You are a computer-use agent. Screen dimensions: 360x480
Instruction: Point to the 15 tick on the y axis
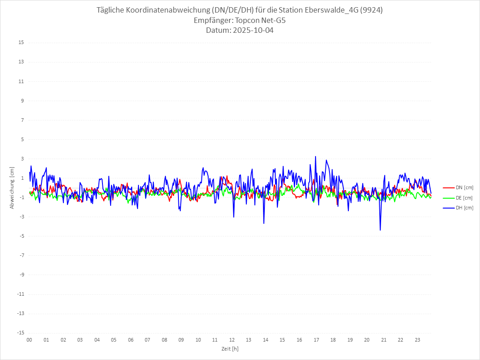coord(21,43)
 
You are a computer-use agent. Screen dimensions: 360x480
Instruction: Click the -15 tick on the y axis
coord(20,333)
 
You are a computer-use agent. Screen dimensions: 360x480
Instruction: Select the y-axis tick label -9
coord(21,275)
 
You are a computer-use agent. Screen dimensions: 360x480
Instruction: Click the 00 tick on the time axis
coord(29,340)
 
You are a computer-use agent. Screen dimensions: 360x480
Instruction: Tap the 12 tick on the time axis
coord(232,340)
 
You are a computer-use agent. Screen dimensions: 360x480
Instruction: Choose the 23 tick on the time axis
coord(418,340)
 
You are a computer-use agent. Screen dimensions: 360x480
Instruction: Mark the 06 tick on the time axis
coord(130,340)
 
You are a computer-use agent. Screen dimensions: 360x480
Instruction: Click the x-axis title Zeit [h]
coord(230,349)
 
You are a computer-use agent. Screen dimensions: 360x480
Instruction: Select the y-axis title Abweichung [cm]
coord(12,188)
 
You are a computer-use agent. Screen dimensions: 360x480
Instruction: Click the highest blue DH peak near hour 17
coord(316,156)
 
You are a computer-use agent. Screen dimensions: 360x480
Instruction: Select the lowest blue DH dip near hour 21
coord(380,230)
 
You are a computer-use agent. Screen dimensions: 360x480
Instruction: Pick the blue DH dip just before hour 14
coord(264,223)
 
